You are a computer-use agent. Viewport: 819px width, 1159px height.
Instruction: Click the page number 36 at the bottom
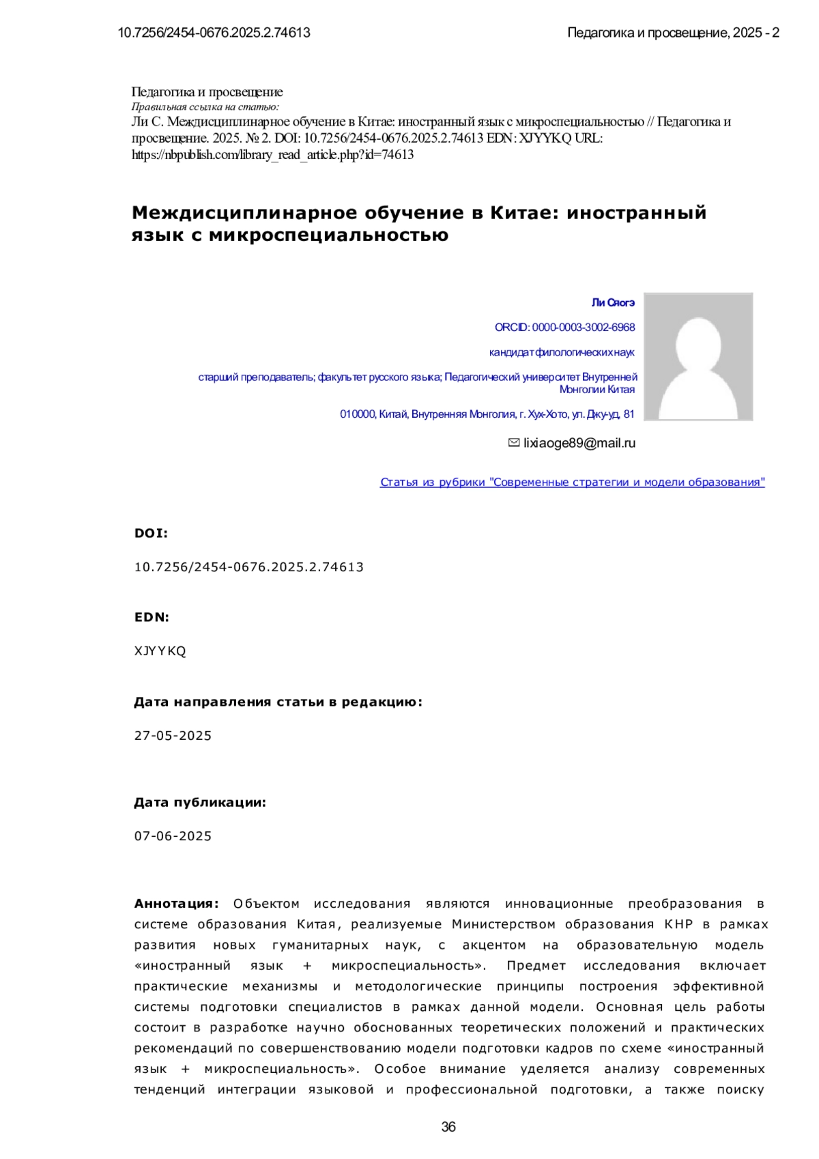[448, 1127]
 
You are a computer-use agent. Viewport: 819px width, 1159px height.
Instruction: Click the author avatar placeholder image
[698, 356]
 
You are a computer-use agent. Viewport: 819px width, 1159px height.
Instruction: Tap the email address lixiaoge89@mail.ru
[579, 443]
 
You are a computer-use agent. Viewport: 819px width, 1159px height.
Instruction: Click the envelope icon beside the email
[514, 443]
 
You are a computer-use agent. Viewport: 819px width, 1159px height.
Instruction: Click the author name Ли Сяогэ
[613, 302]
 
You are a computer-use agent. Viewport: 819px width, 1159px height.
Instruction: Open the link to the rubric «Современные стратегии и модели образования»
[572, 483]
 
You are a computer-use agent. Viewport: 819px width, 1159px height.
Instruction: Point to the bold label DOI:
[151, 533]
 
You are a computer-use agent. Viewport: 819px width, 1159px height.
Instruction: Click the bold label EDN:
[152, 617]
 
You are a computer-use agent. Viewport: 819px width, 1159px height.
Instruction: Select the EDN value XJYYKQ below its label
[160, 651]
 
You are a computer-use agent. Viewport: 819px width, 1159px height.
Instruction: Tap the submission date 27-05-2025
[173, 736]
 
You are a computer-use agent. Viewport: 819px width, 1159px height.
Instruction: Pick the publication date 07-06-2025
[173, 836]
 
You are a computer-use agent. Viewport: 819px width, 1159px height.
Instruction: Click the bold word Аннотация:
[176, 904]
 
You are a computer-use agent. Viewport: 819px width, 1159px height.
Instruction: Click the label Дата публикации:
[200, 803]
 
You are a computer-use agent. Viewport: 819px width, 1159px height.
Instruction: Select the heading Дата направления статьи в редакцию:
[278, 702]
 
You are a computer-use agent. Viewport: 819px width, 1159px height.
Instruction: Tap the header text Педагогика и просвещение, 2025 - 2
[673, 33]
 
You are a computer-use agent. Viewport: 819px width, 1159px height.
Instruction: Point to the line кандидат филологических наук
[562, 352]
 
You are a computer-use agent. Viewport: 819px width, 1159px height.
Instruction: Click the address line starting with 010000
[487, 414]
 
